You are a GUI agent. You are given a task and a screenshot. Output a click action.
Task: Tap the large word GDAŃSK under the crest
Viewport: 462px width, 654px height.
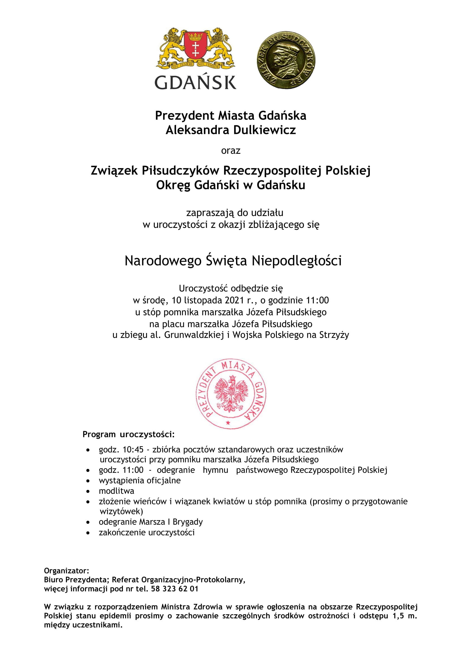point(196,82)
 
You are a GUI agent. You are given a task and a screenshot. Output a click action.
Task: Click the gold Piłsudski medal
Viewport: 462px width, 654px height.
point(286,60)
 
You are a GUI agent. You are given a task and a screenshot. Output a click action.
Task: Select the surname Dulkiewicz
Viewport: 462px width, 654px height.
point(265,130)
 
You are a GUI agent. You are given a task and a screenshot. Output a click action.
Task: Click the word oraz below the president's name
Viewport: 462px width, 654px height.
point(231,151)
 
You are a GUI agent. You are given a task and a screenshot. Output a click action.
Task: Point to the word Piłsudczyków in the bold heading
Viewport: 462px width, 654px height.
point(181,170)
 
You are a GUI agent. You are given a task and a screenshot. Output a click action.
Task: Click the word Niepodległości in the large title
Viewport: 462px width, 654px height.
point(297,261)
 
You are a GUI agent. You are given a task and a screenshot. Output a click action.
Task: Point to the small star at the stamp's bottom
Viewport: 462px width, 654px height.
point(228,423)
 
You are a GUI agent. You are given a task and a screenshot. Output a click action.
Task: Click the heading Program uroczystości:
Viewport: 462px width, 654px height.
point(128,435)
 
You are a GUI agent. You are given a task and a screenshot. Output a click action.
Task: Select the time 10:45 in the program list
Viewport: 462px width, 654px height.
point(133,450)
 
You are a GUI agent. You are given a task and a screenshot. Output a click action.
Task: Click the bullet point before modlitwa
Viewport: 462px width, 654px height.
point(88,491)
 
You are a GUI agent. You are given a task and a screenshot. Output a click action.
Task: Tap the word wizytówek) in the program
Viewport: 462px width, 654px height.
point(122,511)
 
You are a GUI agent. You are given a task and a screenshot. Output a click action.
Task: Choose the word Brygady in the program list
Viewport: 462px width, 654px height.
point(188,522)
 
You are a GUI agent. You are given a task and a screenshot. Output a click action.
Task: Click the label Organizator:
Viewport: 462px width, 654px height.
point(66,571)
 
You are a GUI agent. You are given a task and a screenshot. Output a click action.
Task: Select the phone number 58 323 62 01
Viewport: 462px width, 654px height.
point(175,589)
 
